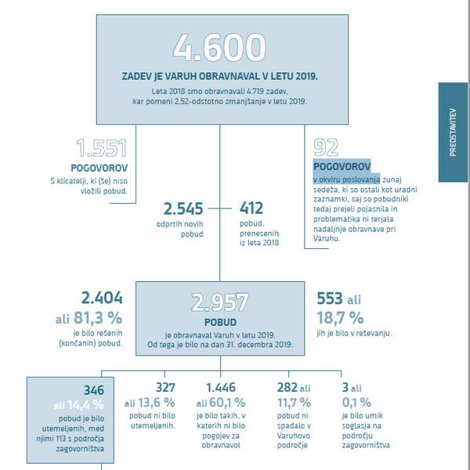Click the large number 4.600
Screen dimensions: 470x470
(x=219, y=49)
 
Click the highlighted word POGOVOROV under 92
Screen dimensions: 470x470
(x=341, y=166)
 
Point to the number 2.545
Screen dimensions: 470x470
(x=183, y=209)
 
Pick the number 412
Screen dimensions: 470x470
(x=251, y=209)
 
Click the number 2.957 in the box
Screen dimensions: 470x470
(x=219, y=302)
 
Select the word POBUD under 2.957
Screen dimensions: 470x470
(x=220, y=321)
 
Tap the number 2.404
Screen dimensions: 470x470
(x=103, y=298)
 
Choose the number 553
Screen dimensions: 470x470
(x=330, y=298)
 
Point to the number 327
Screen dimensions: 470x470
(x=165, y=387)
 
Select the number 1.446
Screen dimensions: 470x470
(x=225, y=387)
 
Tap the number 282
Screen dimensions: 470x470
(x=287, y=387)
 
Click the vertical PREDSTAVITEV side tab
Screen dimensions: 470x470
(x=453, y=134)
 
